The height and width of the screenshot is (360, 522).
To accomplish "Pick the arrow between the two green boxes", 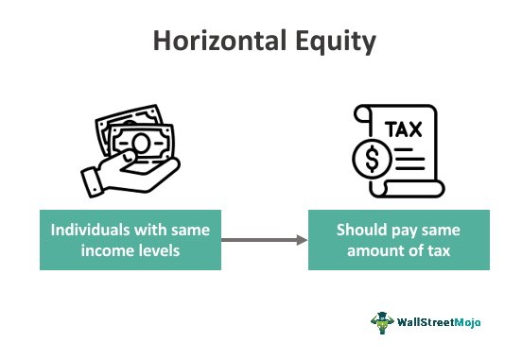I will [x=264, y=241].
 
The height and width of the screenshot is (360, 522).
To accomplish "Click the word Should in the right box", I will [x=360, y=229].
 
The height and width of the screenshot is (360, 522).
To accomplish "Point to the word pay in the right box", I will [x=402, y=229].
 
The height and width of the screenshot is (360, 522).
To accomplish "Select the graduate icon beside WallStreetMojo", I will [x=382, y=322].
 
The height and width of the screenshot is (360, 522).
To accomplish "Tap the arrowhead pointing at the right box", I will [x=302, y=241].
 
